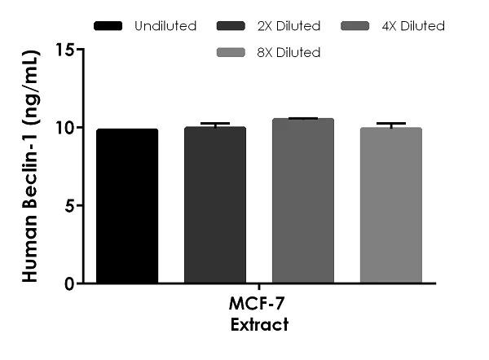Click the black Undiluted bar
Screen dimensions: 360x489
(127, 206)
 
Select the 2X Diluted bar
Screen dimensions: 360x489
(215, 205)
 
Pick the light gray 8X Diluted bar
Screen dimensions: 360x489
(391, 205)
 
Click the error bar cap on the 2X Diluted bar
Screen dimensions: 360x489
(215, 124)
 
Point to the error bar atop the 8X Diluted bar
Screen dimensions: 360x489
(391, 124)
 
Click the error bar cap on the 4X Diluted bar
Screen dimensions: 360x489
(303, 118)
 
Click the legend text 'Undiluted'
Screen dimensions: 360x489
(165, 26)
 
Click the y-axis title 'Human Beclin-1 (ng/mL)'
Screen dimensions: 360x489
(30, 166)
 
